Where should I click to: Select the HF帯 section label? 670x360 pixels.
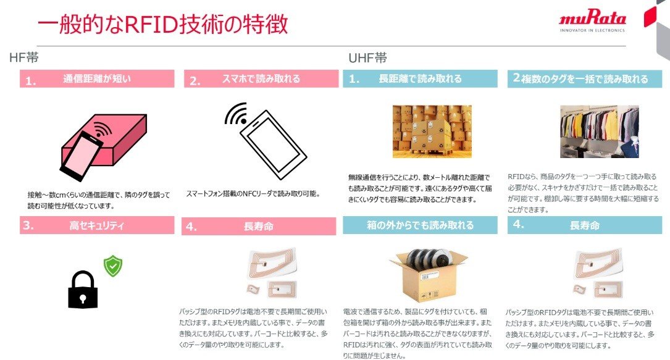click(25, 57)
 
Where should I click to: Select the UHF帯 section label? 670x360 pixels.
click(367, 58)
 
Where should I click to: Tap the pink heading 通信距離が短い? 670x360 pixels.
click(97, 79)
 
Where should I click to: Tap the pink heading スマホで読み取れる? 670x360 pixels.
click(261, 79)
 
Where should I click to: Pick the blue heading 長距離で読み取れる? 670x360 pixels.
click(420, 79)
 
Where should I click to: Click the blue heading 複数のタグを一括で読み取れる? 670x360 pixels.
click(580, 79)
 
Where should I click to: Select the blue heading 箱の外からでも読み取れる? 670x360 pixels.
click(420, 225)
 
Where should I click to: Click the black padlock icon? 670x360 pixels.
click(83, 290)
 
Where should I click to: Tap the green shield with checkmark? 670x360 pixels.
click(112, 266)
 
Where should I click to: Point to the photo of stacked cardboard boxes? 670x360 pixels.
click(432, 131)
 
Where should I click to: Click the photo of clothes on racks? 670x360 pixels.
click(599, 132)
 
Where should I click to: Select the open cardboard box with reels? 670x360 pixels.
click(425, 275)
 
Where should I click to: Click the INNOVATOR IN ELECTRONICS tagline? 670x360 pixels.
click(592, 30)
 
